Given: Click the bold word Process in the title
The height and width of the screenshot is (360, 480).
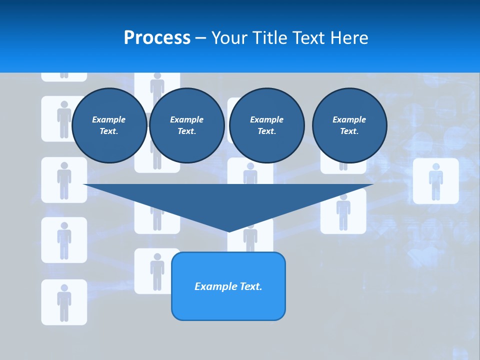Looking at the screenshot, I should (x=157, y=38).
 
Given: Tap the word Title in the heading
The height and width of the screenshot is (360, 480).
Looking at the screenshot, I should (x=270, y=38).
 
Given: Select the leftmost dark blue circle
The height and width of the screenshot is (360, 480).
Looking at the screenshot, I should (x=109, y=125).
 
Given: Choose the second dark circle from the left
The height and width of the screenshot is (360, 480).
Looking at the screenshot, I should (x=186, y=125).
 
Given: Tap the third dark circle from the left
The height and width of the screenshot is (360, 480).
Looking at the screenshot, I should (x=267, y=125).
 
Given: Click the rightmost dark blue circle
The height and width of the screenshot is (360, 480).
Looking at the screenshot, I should (x=349, y=125).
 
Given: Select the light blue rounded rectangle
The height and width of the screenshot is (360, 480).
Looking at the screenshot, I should (x=228, y=286).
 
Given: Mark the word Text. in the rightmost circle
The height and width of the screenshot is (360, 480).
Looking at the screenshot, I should (x=349, y=131).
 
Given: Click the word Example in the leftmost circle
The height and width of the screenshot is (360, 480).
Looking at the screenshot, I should (x=109, y=119).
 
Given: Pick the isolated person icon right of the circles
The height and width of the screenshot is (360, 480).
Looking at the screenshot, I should (x=435, y=181).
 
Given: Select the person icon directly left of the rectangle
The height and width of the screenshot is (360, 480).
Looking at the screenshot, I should (x=157, y=271).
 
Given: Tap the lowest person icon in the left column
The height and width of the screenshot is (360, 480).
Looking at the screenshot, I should (x=64, y=302).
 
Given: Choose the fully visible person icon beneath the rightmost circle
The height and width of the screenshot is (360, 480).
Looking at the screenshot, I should (x=343, y=211).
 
